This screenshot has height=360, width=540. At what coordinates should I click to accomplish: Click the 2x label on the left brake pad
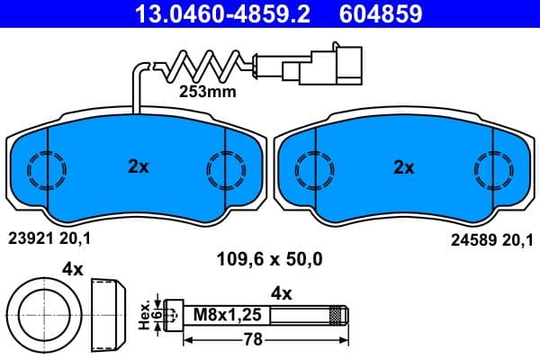pyautogui.click(x=137, y=166)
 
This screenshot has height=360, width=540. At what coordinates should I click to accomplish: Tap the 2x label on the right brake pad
pyautogui.click(x=403, y=166)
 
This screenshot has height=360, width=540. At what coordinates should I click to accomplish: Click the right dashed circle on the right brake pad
pyautogui.click(x=491, y=167)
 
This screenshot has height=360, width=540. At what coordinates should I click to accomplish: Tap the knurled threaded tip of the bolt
pyautogui.click(x=338, y=315)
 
